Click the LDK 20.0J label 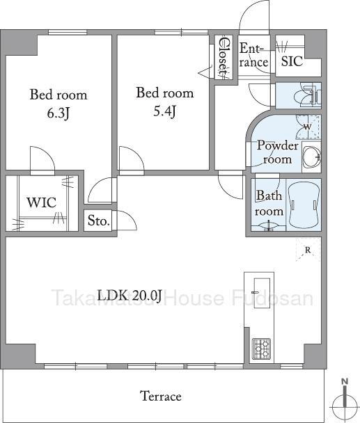[x=130, y=296]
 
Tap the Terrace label [x=161, y=396]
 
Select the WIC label [x=41, y=202]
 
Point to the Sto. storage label [x=99, y=221]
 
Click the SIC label [x=292, y=61]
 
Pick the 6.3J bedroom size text [x=58, y=113]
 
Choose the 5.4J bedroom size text [x=165, y=111]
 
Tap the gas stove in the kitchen [x=261, y=349]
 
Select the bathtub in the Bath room [x=304, y=205]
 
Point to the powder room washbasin [x=312, y=157]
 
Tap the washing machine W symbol [x=307, y=127]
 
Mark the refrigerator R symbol [x=308, y=250]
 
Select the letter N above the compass [x=345, y=382]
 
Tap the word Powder [x=277, y=145]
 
